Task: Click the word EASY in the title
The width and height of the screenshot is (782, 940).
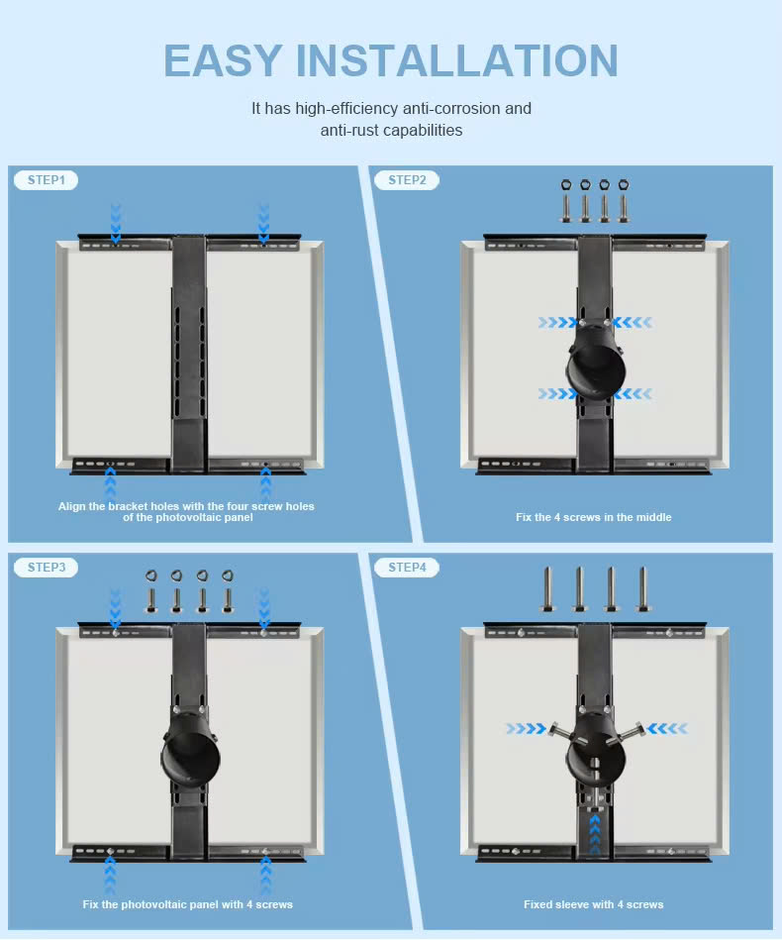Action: [x=224, y=60]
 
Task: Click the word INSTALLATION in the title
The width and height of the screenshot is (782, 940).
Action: [x=457, y=60]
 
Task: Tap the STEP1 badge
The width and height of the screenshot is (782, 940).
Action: [x=46, y=180]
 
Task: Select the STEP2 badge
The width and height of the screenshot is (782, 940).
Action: [x=407, y=180]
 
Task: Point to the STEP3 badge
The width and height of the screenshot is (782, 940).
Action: [x=46, y=568]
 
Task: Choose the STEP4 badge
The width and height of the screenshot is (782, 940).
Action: [x=407, y=568]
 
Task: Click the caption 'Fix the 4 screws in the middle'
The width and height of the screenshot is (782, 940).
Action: [x=593, y=517]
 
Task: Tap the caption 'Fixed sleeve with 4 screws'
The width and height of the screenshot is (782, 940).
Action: [x=593, y=904]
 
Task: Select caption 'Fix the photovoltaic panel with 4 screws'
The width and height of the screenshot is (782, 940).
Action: [x=187, y=904]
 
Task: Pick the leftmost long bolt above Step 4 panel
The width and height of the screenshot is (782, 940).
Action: [x=547, y=590]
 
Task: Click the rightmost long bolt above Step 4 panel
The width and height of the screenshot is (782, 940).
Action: [x=642, y=590]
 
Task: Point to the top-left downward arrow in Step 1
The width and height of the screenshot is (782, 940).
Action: [x=116, y=223]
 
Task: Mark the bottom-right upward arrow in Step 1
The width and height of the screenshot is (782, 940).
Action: [x=265, y=483]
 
